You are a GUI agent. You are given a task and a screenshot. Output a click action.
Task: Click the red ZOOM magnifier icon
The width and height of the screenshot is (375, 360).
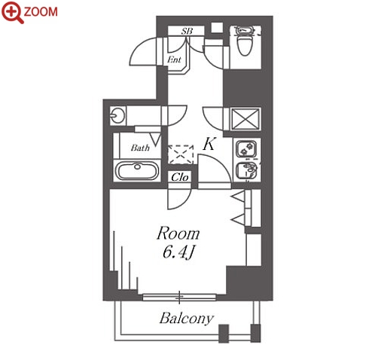click(x=12, y=11)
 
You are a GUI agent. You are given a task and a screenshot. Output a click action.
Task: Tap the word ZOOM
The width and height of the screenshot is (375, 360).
click(x=41, y=12)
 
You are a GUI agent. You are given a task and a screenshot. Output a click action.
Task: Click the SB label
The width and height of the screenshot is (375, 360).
click(x=187, y=31)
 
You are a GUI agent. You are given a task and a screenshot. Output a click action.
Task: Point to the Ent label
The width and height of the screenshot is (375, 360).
click(x=174, y=59)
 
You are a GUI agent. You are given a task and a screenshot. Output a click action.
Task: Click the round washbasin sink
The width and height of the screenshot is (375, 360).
click(x=117, y=115)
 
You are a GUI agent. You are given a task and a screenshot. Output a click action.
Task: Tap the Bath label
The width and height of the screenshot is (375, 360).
click(x=140, y=148)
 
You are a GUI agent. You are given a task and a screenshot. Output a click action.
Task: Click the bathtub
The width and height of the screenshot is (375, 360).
click(x=137, y=170)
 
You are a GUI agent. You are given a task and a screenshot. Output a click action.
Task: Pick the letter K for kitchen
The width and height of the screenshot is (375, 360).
click(x=209, y=144)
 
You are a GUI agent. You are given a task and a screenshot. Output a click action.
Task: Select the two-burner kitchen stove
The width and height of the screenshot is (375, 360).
click(x=246, y=148)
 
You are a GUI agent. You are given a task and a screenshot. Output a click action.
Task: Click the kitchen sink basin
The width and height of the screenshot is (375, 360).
click(x=246, y=171)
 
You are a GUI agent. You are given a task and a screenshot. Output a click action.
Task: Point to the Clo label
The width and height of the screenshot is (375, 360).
click(x=180, y=177)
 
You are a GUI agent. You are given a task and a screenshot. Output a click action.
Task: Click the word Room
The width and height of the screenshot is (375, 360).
click(x=178, y=233)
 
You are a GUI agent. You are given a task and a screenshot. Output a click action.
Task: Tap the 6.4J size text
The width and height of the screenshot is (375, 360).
click(x=178, y=252)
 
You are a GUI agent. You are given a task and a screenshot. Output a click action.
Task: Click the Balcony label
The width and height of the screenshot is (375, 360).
click(x=187, y=319)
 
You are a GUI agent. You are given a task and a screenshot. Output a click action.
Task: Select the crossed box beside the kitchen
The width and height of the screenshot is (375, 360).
click(x=245, y=119)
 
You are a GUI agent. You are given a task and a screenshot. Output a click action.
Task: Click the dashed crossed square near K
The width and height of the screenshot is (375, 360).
click(x=181, y=154)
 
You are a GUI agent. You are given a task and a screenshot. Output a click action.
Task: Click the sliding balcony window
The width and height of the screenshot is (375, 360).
click(x=179, y=297)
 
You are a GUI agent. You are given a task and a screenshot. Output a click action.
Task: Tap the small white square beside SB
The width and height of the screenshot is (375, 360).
click(x=217, y=28)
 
